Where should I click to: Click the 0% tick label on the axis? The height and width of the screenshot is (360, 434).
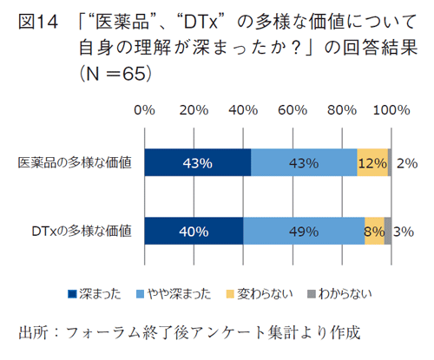click(x=145, y=111)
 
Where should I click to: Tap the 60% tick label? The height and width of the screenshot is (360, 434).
click(x=294, y=111)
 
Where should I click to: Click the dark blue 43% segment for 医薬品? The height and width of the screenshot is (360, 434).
click(x=198, y=162)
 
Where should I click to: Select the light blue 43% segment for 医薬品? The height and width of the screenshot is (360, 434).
click(x=304, y=162)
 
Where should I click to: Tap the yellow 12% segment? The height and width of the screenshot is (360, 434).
click(x=372, y=162)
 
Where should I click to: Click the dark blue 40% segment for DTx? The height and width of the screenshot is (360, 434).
click(x=194, y=231)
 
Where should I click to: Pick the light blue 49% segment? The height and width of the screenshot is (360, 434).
click(x=304, y=231)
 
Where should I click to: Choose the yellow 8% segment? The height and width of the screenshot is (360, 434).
click(x=374, y=231)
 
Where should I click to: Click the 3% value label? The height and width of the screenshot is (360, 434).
click(x=404, y=231)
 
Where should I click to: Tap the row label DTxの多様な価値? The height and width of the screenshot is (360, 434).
click(x=82, y=231)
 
